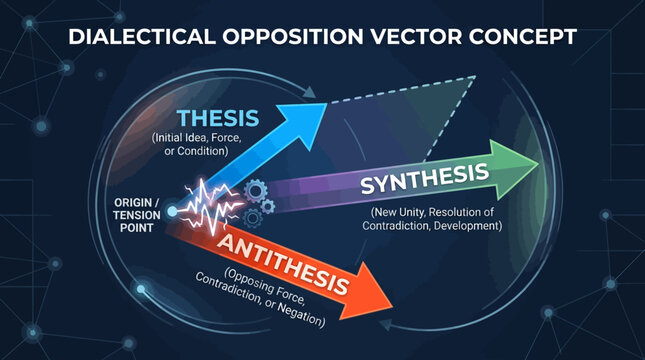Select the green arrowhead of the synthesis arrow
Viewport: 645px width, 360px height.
pos(525,160)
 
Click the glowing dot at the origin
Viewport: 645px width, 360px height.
pos(173,211)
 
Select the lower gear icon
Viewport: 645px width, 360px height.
pos(254,214)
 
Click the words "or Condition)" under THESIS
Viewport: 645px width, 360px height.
pos(191,150)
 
